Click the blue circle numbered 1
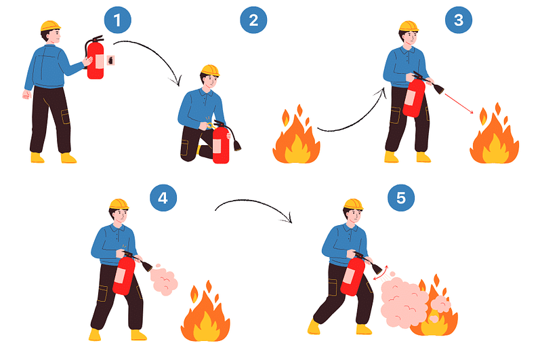tap(117, 20)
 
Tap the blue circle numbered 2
tap(253, 20)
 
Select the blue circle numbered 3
tap(459, 20)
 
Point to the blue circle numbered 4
tap(163, 198)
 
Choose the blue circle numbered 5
tap(401, 198)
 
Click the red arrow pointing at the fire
tap(459, 103)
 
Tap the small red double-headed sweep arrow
tap(381, 273)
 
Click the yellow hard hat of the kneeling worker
tap(210, 71)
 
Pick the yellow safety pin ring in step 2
tap(210, 125)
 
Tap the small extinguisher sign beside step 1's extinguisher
tap(110, 60)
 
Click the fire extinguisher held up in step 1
tap(95, 58)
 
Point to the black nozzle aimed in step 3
tap(438, 89)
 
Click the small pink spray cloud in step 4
tap(164, 279)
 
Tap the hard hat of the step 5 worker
tap(353, 204)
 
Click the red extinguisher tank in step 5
tap(352, 276)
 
